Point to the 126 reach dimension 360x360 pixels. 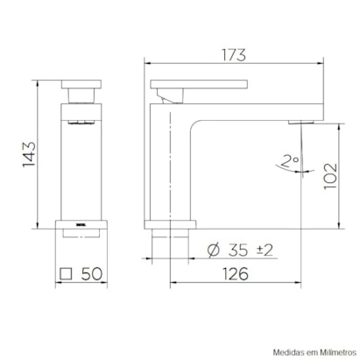(x=233, y=274)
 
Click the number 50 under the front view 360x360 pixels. (x=89, y=274)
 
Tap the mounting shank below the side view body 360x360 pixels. (x=168, y=240)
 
